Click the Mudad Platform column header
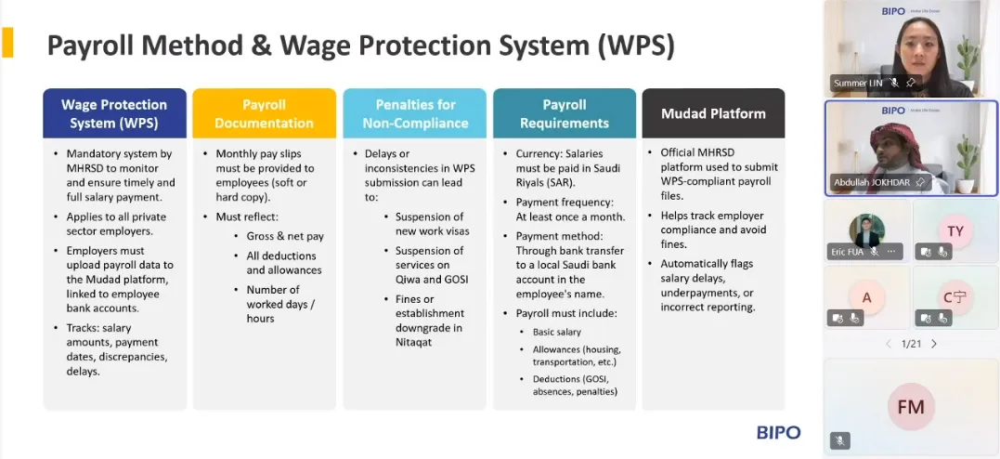point(713,113)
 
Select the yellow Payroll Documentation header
point(264,113)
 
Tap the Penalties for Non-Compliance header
point(415,113)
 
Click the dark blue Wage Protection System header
point(115,113)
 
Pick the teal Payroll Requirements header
point(565,113)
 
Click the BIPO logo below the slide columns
point(779,433)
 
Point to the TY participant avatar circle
point(955,230)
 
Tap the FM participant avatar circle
point(911,407)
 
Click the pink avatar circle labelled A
point(866,296)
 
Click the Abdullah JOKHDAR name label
point(873,183)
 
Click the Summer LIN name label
point(859,83)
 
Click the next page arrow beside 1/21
point(934,344)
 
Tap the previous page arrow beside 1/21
point(889,344)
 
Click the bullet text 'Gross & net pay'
point(285,236)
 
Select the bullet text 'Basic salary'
point(557,332)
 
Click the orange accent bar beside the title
point(7,43)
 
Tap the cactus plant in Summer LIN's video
point(968,59)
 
